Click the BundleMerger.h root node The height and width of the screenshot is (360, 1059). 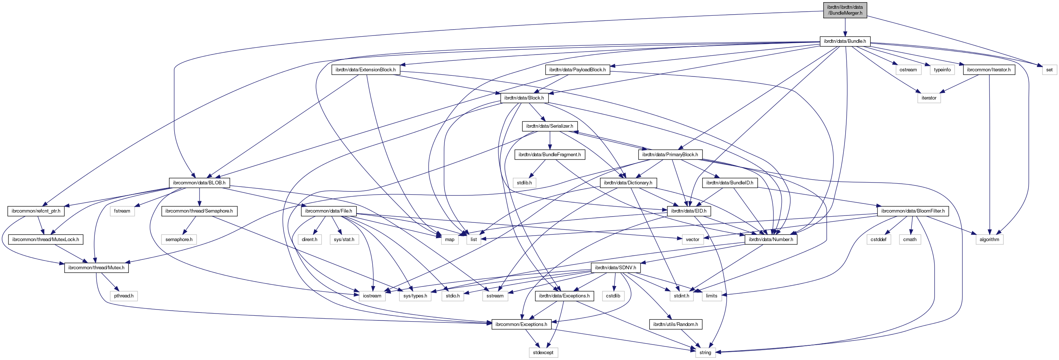(x=845, y=10)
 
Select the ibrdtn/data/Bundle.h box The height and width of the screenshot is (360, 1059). (x=845, y=41)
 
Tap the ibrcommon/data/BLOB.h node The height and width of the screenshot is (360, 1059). (x=199, y=183)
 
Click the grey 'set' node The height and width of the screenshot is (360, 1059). (x=1049, y=70)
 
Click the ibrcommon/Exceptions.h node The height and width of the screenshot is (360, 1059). (x=521, y=324)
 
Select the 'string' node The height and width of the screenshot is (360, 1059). (x=705, y=353)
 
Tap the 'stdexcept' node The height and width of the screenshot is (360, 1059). (x=543, y=353)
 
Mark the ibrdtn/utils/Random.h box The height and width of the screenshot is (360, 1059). (x=675, y=324)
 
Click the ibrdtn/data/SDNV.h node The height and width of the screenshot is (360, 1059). (x=615, y=268)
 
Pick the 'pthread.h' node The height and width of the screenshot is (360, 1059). (x=124, y=296)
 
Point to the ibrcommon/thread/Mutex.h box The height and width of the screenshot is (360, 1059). (x=96, y=268)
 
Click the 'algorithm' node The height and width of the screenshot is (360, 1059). (x=989, y=240)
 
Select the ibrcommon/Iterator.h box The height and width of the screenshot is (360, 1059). (x=988, y=70)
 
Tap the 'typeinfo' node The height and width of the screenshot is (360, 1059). (x=942, y=70)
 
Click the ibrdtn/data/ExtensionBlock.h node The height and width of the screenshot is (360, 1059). (x=365, y=70)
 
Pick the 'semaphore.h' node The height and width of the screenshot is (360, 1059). (x=179, y=240)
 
